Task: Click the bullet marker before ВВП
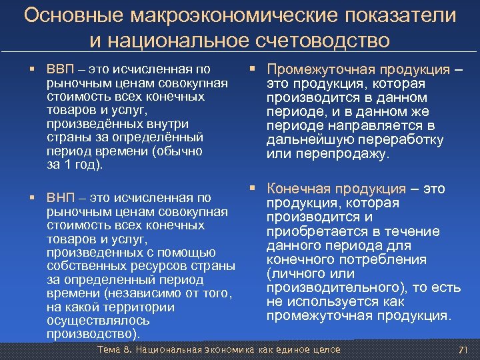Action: tap(31, 69)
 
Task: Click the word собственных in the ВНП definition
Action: tap(83, 266)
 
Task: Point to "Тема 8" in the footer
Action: tap(113, 350)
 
